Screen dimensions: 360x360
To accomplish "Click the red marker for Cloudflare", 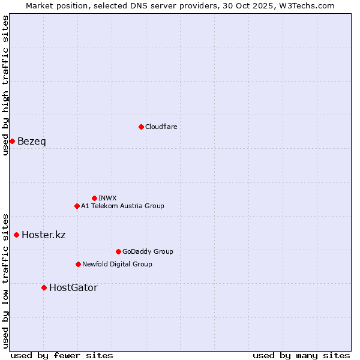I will [141, 127].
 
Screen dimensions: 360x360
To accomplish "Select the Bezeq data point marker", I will [12, 141].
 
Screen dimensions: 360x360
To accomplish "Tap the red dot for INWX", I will [94, 198].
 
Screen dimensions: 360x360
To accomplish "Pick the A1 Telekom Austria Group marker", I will [77, 206].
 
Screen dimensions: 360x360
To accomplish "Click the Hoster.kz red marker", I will [16, 235].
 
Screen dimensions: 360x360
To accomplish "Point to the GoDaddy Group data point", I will [118, 251].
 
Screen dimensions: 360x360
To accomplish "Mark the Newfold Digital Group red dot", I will [78, 264].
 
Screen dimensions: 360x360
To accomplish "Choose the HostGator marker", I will [44, 287].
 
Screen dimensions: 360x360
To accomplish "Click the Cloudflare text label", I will [161, 127].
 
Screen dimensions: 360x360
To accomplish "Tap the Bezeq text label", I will [31, 141].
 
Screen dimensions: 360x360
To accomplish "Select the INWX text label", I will [107, 198].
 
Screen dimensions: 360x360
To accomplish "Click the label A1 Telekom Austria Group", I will [122, 206].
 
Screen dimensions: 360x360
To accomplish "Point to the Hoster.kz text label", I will [43, 235].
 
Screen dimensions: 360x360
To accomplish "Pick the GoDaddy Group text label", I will [148, 251].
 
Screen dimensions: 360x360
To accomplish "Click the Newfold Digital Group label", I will [117, 264].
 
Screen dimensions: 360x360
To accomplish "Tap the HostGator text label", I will [73, 287].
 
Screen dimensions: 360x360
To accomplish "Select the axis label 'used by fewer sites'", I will [62, 355].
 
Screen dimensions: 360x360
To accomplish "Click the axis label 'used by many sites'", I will [301, 355].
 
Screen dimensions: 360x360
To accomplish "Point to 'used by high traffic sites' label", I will [5, 85].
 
